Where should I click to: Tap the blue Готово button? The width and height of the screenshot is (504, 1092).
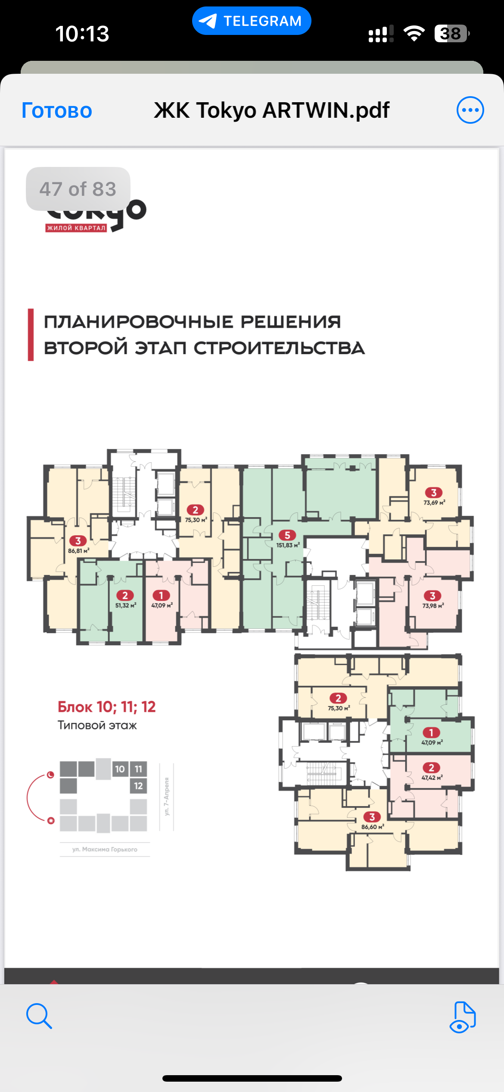pyautogui.click(x=57, y=110)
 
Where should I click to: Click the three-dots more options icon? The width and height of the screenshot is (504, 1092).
pyautogui.click(x=470, y=110)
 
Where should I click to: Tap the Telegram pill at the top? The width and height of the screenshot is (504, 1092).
pyautogui.click(x=252, y=21)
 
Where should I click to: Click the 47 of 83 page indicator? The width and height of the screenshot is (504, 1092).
pyautogui.click(x=78, y=189)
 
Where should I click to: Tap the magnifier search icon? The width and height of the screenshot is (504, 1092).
pyautogui.click(x=39, y=1016)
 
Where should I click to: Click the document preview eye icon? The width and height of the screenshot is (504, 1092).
pyautogui.click(x=462, y=1017)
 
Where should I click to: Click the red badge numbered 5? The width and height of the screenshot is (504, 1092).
pyautogui.click(x=287, y=535)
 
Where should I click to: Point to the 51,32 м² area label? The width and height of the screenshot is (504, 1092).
pyautogui.click(x=125, y=606)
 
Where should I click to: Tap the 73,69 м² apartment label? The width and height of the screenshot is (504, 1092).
pyautogui.click(x=434, y=502)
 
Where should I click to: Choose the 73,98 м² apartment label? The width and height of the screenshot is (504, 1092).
pyautogui.click(x=433, y=606)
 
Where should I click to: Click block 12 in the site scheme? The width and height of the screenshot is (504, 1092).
pyautogui.click(x=138, y=786)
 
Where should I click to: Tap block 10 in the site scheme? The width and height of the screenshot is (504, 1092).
pyautogui.click(x=120, y=769)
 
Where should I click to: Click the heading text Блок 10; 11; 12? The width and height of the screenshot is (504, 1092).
pyautogui.click(x=106, y=707)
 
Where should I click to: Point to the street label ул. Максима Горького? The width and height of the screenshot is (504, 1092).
pyautogui.click(x=105, y=849)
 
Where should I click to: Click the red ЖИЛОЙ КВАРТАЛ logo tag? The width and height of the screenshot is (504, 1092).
pyautogui.click(x=76, y=228)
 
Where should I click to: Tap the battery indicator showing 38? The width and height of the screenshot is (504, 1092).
pyautogui.click(x=451, y=34)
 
